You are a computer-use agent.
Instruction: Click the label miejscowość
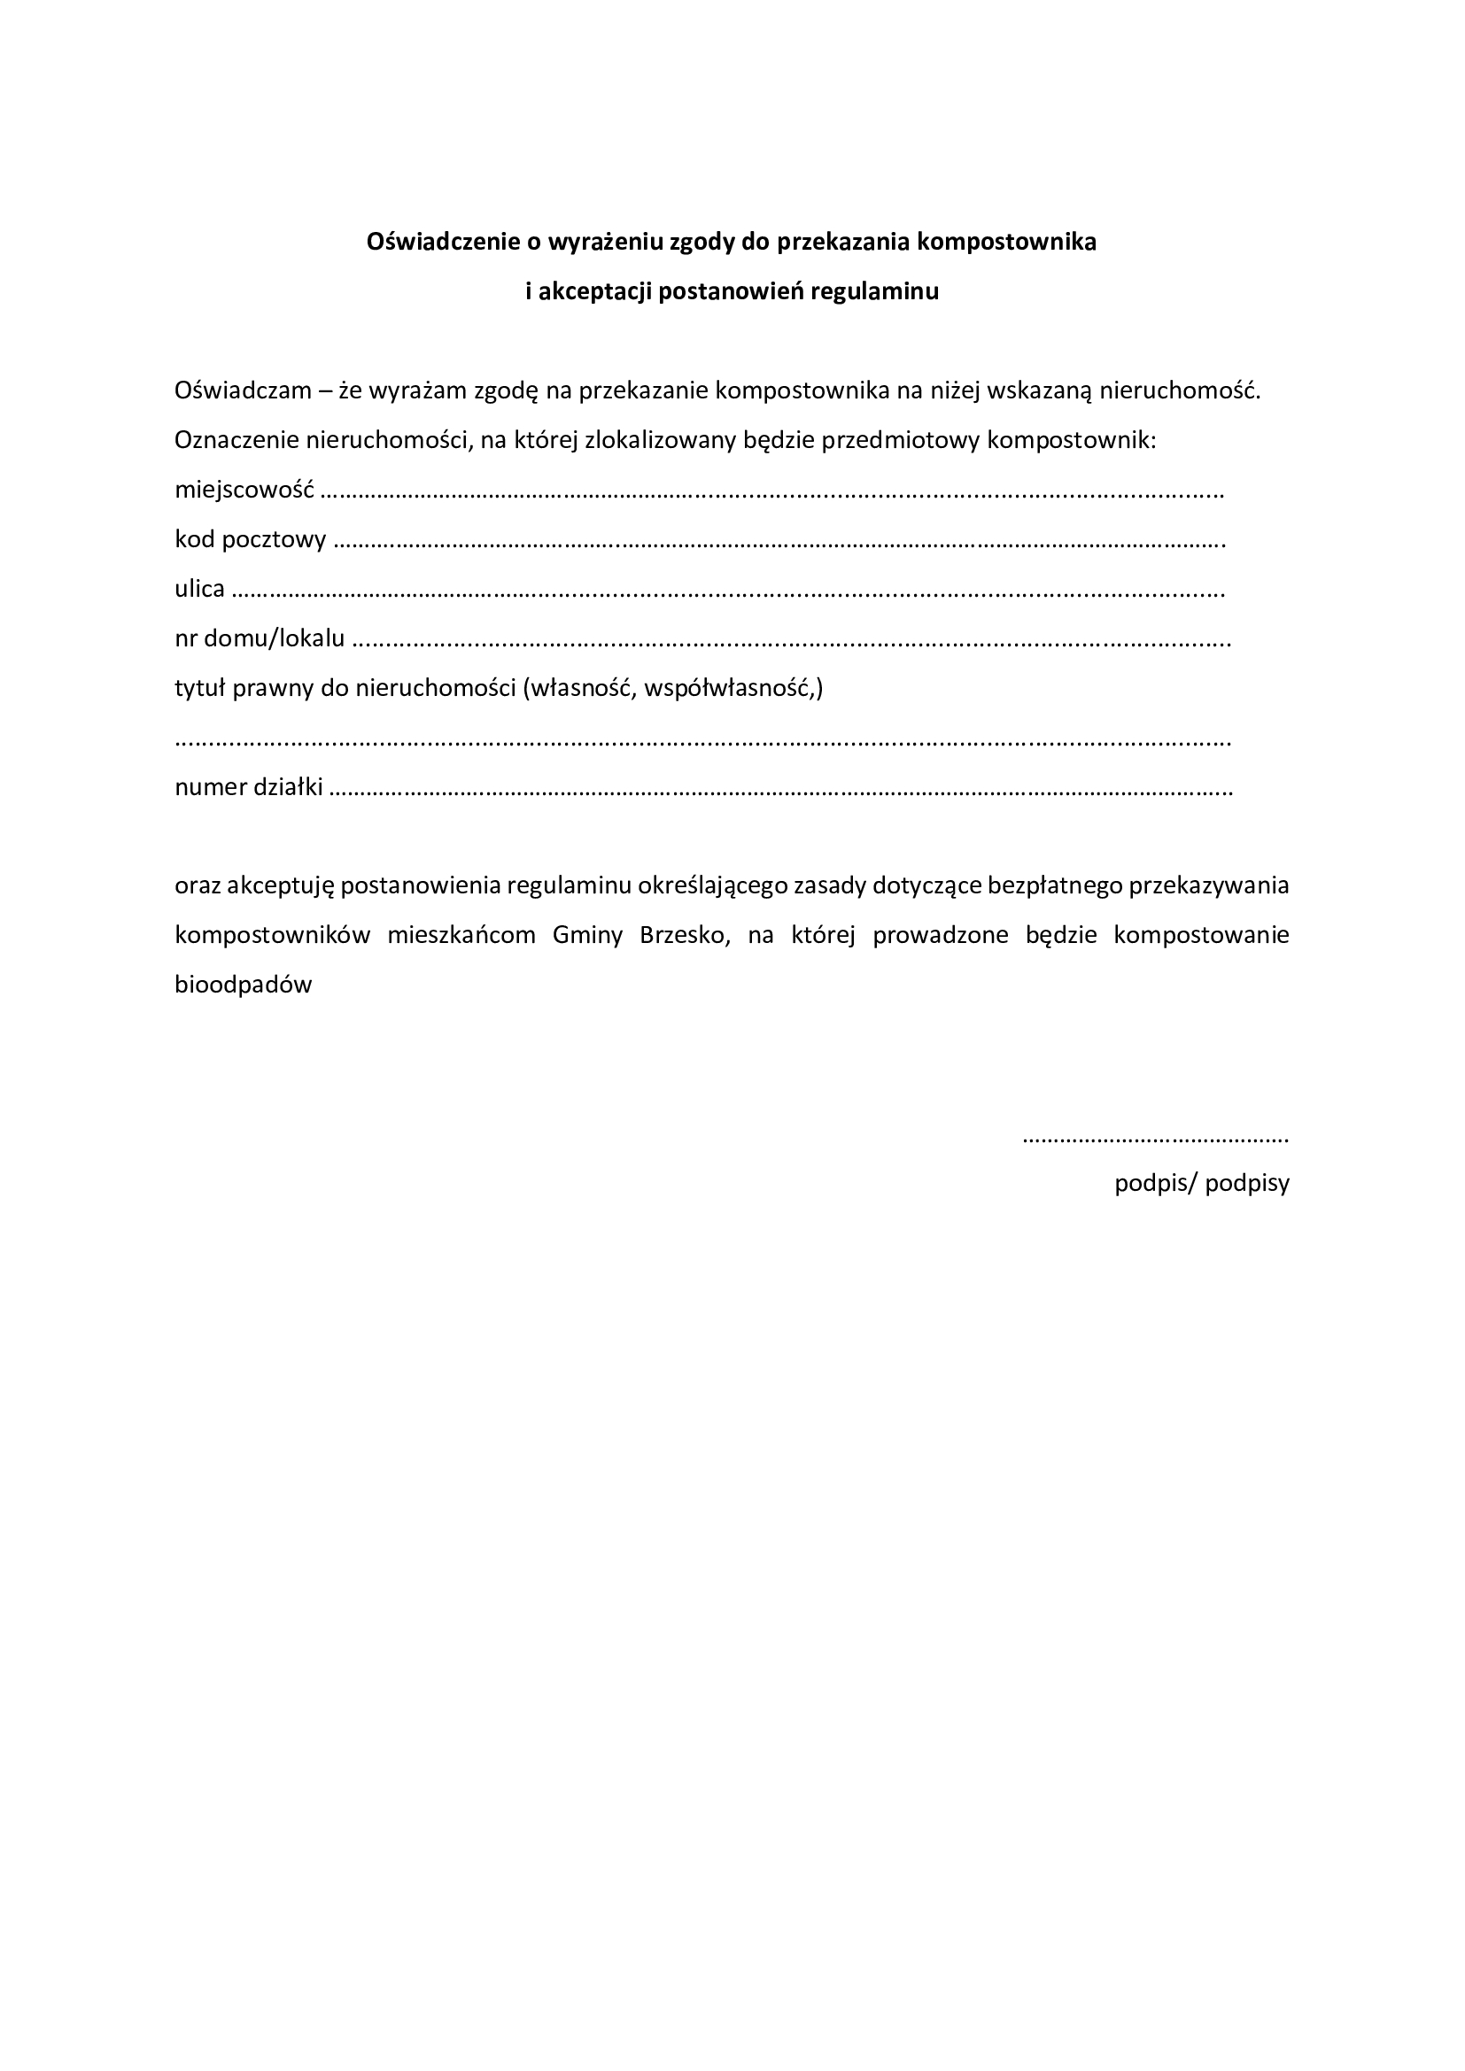[x=244, y=491]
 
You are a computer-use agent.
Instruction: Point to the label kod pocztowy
[x=250, y=540]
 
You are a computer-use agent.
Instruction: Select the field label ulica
[x=199, y=590]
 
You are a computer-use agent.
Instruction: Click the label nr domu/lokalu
[x=260, y=639]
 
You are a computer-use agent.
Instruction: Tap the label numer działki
[x=249, y=787]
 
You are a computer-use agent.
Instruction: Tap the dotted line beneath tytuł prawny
[x=702, y=742]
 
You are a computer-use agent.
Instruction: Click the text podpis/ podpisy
[x=1202, y=1184]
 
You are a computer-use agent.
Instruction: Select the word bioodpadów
[x=244, y=985]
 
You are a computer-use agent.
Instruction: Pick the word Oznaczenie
[x=236, y=441]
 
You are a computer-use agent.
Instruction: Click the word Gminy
[x=587, y=935]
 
